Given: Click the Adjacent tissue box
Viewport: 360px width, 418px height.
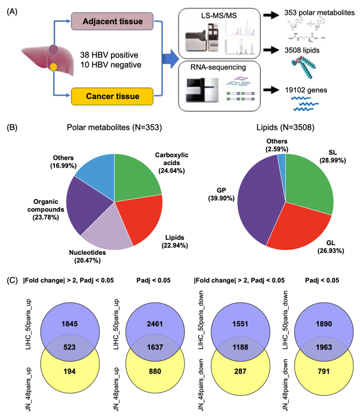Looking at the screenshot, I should tap(115, 21).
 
